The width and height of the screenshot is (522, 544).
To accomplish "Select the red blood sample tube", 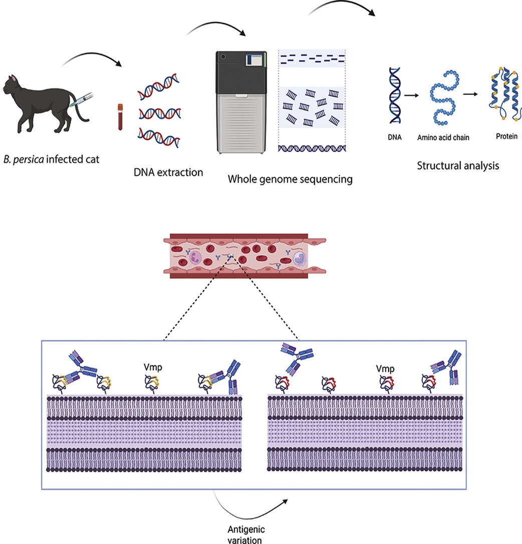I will (x=120, y=117).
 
